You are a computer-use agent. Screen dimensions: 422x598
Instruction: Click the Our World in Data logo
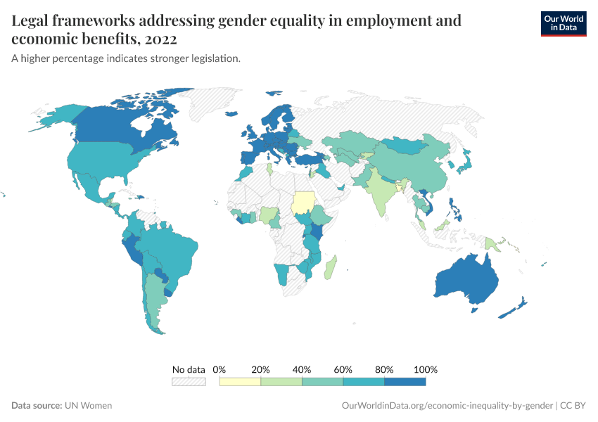click(x=563, y=23)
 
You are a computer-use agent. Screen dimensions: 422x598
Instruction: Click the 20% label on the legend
click(x=261, y=370)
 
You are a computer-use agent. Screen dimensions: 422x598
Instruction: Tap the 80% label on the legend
click(x=384, y=370)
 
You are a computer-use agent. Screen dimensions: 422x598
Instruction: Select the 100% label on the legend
click(x=426, y=370)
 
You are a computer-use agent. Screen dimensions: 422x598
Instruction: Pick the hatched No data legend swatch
click(x=189, y=382)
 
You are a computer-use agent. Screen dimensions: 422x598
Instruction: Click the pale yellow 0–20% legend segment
click(x=240, y=382)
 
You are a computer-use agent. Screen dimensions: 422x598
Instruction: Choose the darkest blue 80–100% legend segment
click(x=405, y=382)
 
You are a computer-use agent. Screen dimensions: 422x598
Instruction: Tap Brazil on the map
click(x=172, y=250)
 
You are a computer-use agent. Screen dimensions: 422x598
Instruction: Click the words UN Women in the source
click(x=88, y=406)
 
